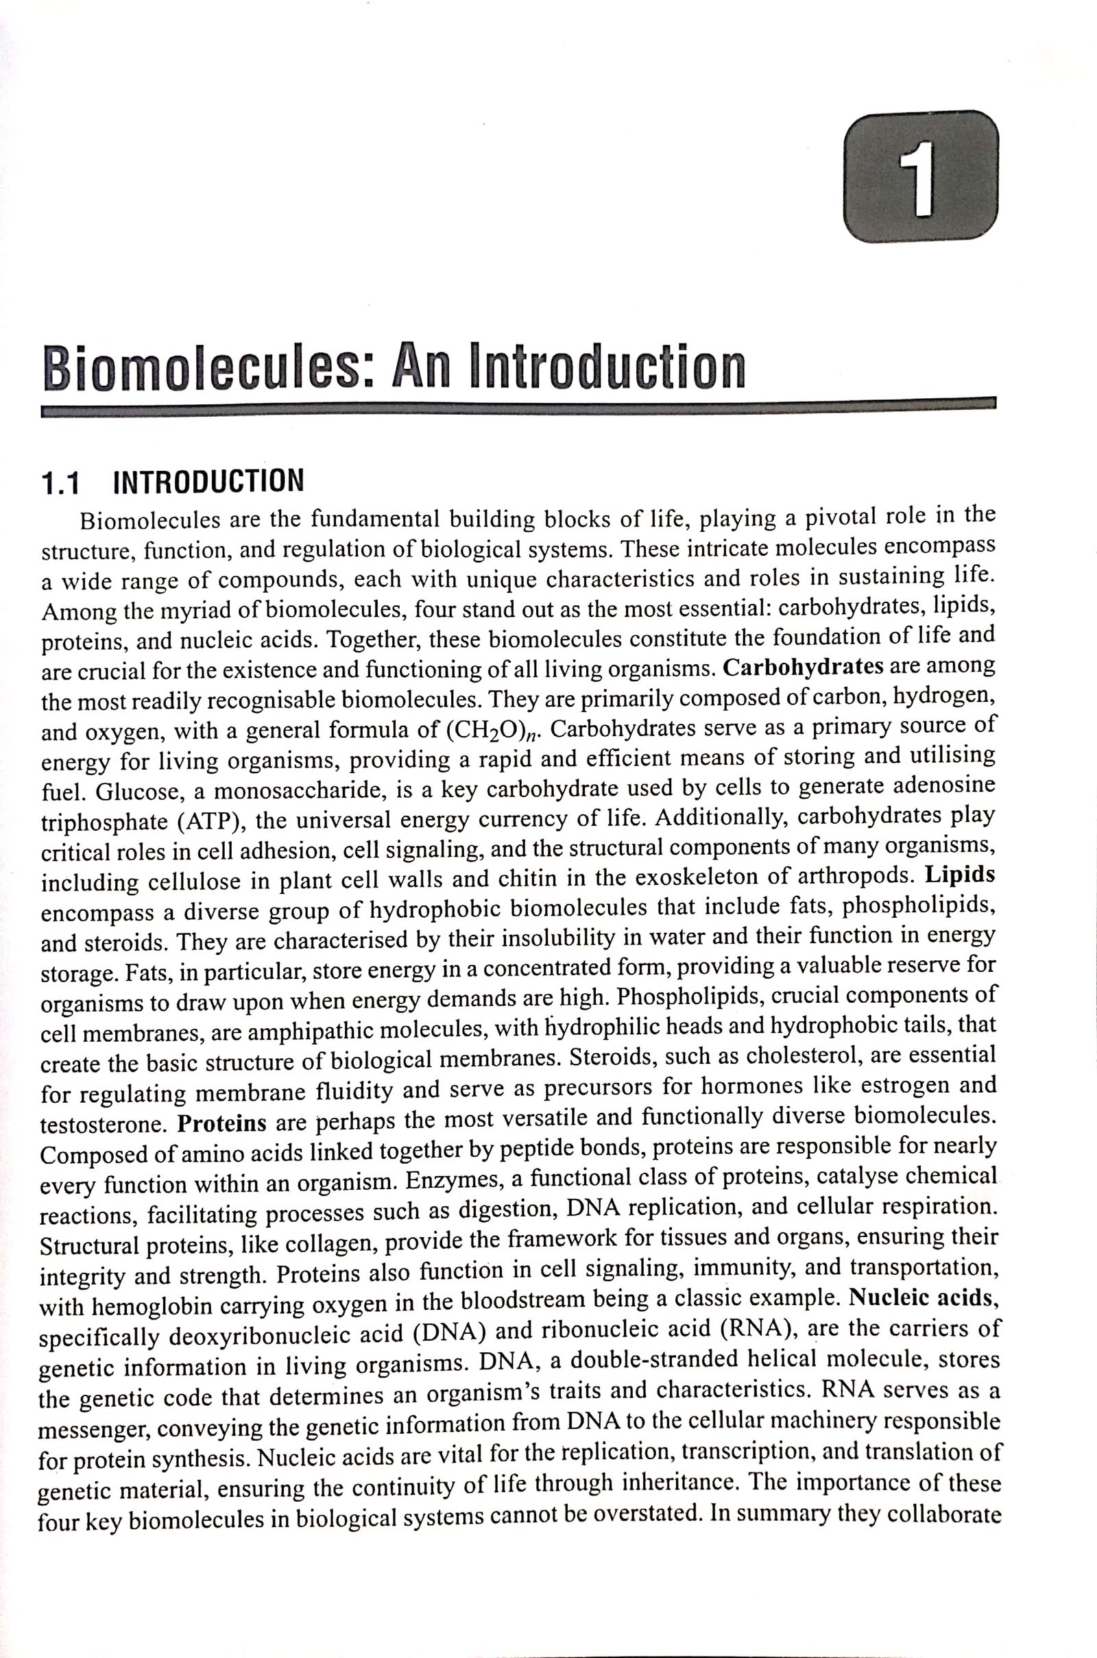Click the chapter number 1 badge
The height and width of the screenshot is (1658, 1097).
click(x=921, y=176)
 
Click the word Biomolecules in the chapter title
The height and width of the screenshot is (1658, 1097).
click(x=204, y=369)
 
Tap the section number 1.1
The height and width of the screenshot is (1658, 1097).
click(x=60, y=483)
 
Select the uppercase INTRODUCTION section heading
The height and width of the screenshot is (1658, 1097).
click(x=208, y=481)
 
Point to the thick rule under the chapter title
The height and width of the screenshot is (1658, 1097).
click(x=518, y=409)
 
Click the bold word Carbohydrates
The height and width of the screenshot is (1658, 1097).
click(x=803, y=667)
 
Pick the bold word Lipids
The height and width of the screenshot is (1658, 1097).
click(x=960, y=875)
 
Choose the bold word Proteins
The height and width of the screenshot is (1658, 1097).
click(x=221, y=1124)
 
